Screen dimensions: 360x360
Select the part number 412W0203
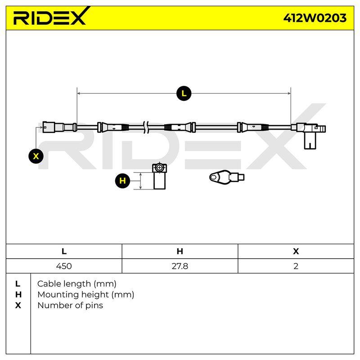315,18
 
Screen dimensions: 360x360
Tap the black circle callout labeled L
184,94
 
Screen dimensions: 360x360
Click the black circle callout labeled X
36,156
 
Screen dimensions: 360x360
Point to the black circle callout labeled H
122,181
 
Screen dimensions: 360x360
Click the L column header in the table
64,252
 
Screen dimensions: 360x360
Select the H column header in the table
180,252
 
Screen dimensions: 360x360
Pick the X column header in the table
296,252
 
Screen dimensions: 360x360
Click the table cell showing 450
64,266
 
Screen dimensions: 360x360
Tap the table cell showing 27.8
180,266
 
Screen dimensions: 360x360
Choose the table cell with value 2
296,266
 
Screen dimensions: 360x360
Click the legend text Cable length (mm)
76,284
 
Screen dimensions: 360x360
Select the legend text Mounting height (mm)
85,295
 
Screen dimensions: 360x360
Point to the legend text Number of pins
70,306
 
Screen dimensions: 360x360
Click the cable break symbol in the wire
146,127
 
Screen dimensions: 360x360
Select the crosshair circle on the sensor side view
159,167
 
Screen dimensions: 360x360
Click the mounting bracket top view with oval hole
227,177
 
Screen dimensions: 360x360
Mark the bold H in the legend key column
18,295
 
